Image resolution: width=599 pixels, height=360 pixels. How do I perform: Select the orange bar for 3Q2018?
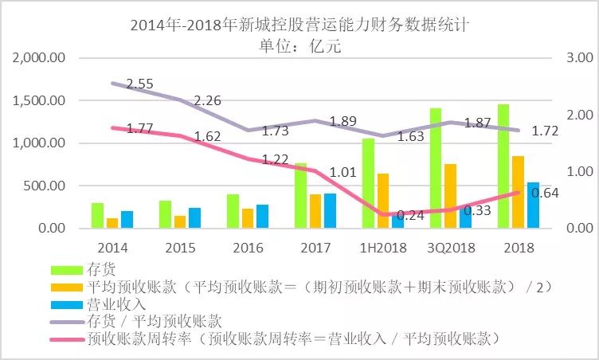pos(451,196)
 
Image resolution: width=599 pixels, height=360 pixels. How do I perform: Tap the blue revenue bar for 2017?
pos(329,210)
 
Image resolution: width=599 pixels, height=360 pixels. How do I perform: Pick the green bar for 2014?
pos(97,216)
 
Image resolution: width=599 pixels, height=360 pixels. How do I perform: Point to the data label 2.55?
pos(140,84)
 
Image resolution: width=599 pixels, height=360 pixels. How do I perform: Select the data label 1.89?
pos(343,121)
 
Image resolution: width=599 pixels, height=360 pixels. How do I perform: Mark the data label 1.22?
pos(276,159)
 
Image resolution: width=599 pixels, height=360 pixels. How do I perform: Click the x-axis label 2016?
pos(248,248)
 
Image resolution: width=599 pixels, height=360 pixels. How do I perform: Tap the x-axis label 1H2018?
pos(382,248)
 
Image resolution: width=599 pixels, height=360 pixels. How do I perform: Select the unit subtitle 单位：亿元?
pos(299,45)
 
